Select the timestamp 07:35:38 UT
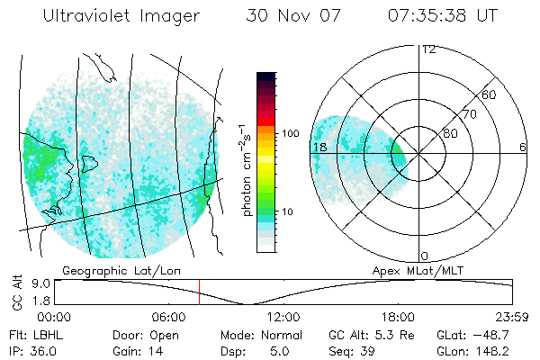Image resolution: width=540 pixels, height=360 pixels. (x=442, y=16)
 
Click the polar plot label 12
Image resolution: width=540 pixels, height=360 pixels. (x=428, y=49)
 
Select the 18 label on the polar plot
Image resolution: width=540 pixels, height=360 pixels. (x=319, y=147)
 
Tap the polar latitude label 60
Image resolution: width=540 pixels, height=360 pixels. (x=490, y=94)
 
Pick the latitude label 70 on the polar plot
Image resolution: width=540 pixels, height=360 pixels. (x=469, y=114)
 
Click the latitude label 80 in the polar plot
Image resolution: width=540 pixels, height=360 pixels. (x=449, y=133)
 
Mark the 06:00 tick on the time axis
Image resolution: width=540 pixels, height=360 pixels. (x=169, y=317)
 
